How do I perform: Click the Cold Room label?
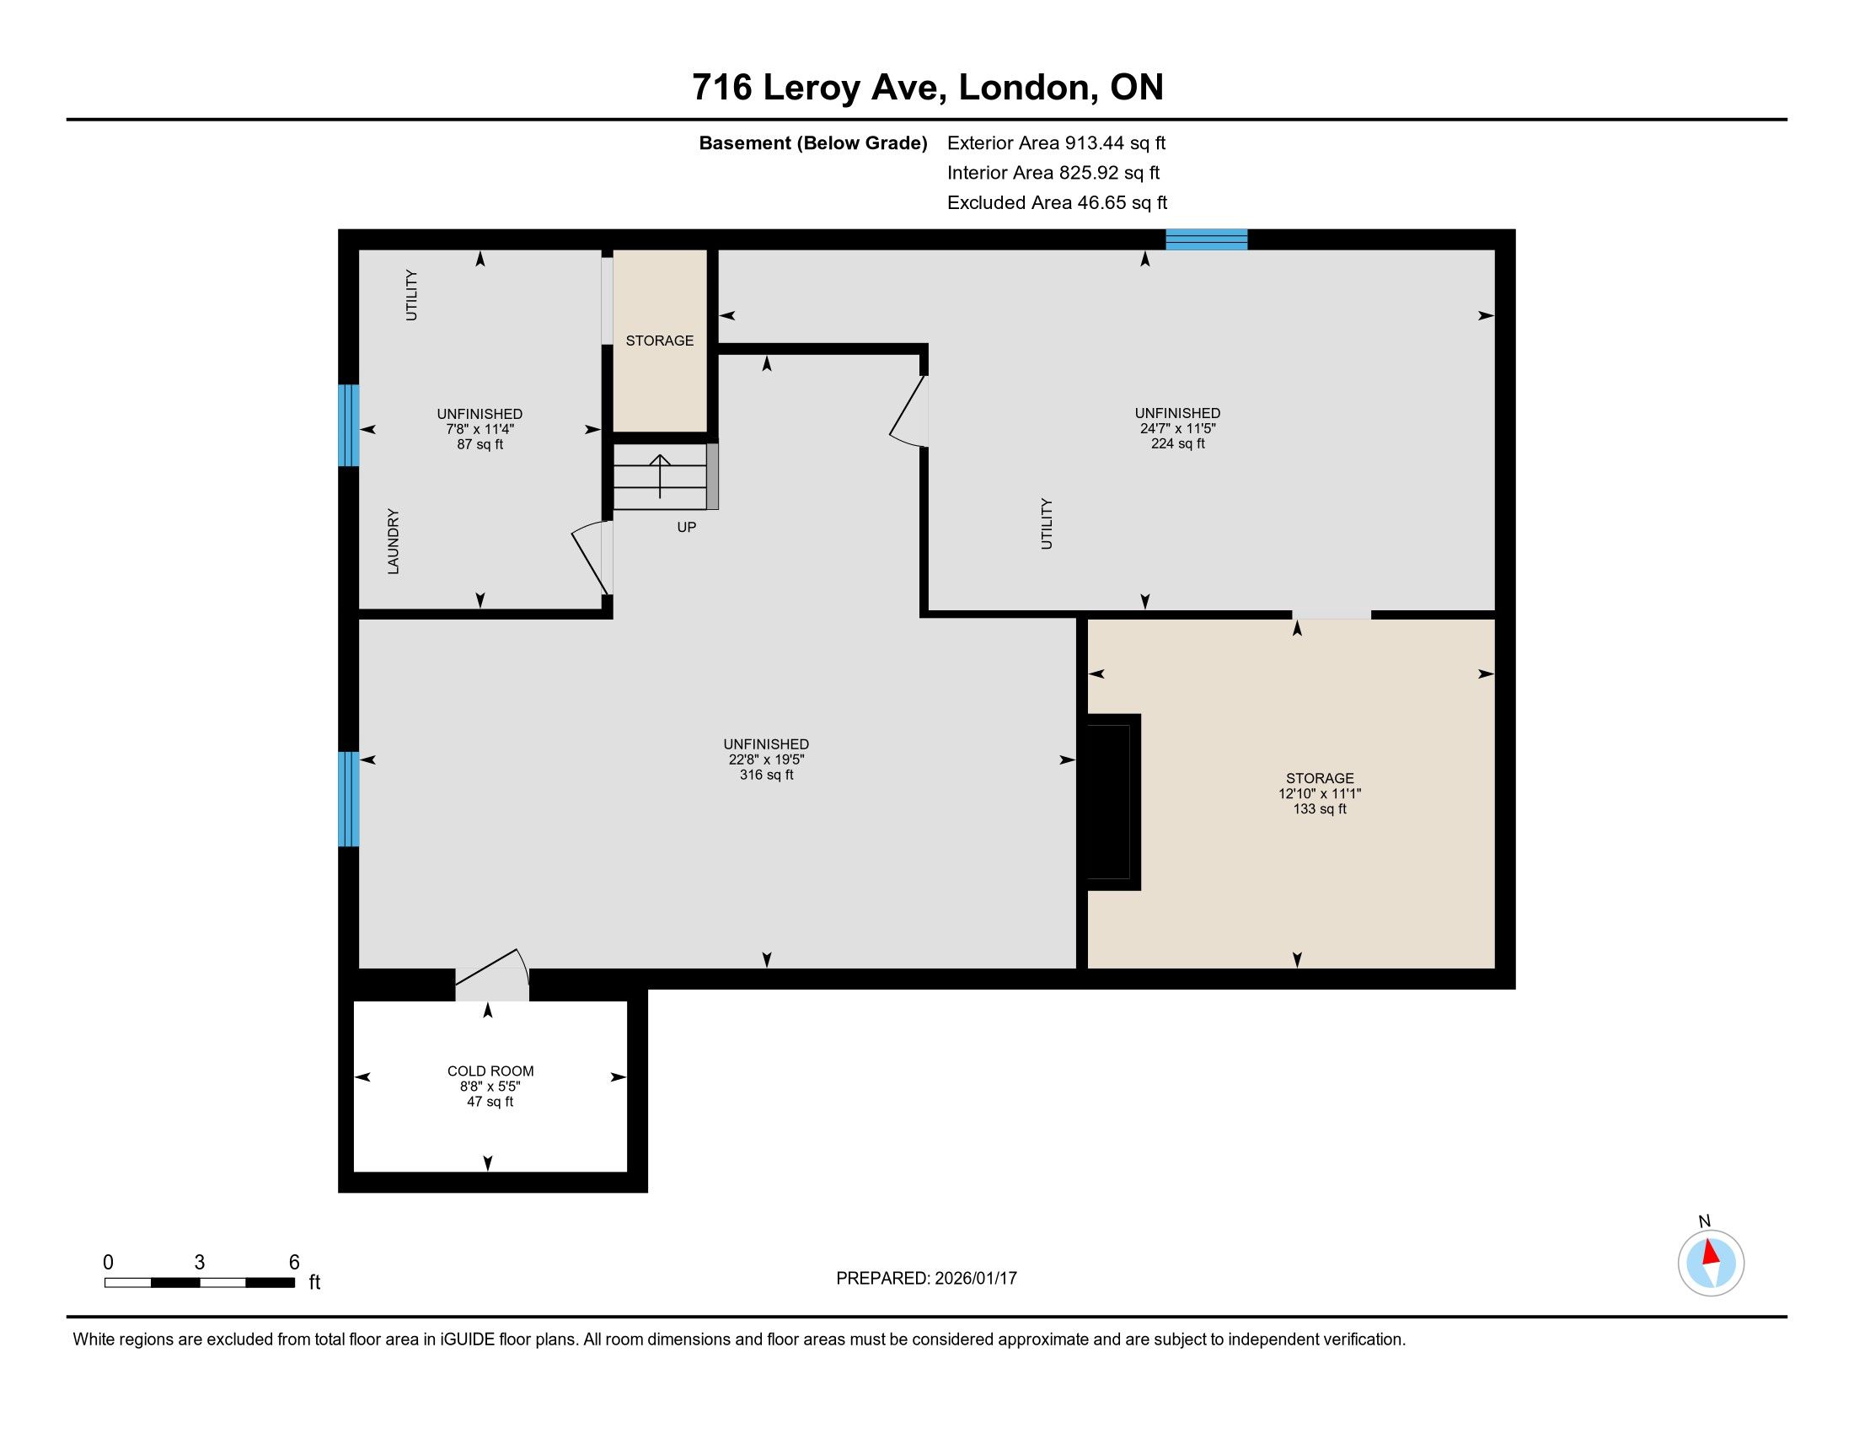490,1071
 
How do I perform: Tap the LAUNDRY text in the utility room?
393,542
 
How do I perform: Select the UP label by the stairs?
687,527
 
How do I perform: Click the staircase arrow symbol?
660,476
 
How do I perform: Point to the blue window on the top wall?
1206,239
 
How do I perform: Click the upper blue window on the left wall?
348,426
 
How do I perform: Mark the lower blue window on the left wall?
348,799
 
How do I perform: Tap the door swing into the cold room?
492,974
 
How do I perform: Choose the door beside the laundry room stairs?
592,558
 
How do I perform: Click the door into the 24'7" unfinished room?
908,411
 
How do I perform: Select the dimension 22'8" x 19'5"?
767,759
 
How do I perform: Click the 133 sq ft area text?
1320,809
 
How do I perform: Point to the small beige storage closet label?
660,341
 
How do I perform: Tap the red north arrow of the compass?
1711,1253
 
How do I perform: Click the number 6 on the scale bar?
295,1263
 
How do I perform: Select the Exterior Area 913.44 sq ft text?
1056,142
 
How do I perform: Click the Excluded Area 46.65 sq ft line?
1058,202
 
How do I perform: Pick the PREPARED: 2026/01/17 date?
926,1279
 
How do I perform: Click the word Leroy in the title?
811,89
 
